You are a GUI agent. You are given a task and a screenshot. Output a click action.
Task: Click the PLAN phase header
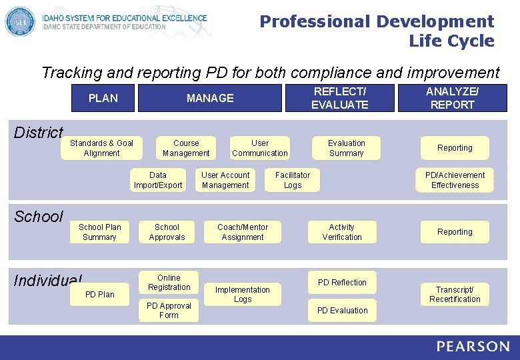[103, 98]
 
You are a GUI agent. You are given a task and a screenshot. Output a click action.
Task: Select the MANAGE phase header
[210, 98]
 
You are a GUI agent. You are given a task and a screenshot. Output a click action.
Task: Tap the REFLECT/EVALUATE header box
[339, 98]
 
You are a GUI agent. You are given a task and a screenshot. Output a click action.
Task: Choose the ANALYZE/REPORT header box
[452, 98]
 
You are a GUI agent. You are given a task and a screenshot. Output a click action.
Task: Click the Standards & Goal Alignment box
[101, 148]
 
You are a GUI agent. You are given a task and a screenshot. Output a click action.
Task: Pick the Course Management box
[186, 148]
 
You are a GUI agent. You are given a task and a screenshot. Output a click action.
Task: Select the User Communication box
[260, 148]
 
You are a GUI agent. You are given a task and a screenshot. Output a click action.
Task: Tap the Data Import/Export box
[158, 180]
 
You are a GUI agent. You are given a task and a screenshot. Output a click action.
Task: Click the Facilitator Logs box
[293, 180]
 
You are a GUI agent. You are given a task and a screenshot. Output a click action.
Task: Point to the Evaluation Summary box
[347, 148]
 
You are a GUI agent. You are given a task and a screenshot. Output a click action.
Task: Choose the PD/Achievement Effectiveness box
[455, 180]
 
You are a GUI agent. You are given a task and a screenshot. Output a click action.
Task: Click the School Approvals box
[167, 232]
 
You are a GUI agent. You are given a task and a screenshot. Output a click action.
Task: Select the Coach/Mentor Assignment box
[243, 232]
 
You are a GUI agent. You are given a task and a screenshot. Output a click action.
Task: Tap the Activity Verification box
[342, 232]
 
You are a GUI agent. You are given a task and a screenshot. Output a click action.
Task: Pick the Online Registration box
[169, 283]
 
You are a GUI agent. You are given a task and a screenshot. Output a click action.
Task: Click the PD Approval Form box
[169, 311]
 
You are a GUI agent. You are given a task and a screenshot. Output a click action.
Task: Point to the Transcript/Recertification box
[455, 295]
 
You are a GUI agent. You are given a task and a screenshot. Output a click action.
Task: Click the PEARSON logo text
[473, 347]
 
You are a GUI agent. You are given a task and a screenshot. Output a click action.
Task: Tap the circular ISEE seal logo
[19, 21]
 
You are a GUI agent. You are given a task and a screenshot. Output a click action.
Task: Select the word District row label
[39, 133]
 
